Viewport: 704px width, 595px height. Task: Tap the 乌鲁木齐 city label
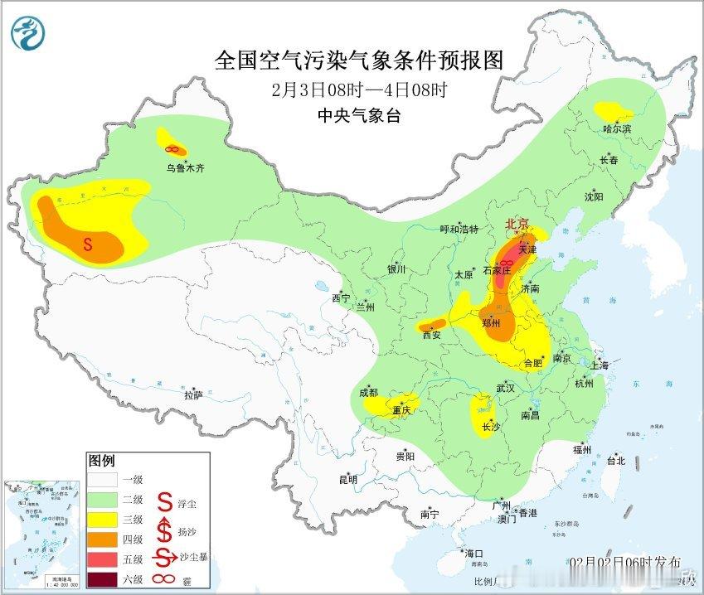[x=184, y=167]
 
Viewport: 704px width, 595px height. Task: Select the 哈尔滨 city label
[x=617, y=129]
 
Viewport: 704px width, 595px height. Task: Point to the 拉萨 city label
[x=193, y=395]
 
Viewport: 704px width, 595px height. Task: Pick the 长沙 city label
[x=491, y=427]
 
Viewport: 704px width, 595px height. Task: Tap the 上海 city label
[x=600, y=365]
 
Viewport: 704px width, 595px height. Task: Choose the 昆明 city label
[x=347, y=479]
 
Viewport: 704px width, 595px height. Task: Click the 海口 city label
[x=473, y=553]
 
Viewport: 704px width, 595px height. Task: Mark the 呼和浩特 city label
[x=459, y=230]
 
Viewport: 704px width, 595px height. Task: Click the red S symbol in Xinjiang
[x=89, y=244]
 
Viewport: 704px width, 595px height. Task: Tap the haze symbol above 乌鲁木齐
[x=173, y=149]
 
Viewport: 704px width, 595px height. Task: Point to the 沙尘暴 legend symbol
[x=166, y=557]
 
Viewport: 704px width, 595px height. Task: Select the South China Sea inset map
[x=41, y=530]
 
